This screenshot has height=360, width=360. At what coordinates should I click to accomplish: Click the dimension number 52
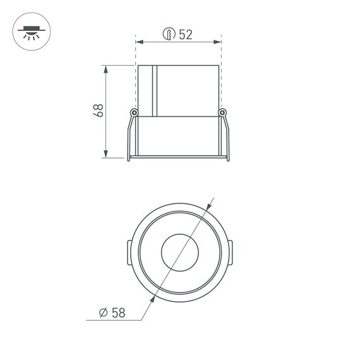(185, 35)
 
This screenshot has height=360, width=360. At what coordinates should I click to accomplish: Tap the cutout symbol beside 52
(169, 35)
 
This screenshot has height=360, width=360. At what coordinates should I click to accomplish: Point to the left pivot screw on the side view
(133, 112)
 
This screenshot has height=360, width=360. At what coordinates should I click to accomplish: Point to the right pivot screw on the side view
(222, 112)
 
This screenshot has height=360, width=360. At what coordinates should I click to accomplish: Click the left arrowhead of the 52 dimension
(140, 42)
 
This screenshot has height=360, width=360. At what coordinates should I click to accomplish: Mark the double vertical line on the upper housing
(153, 90)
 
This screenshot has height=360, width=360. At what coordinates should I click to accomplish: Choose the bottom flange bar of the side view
(177, 156)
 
